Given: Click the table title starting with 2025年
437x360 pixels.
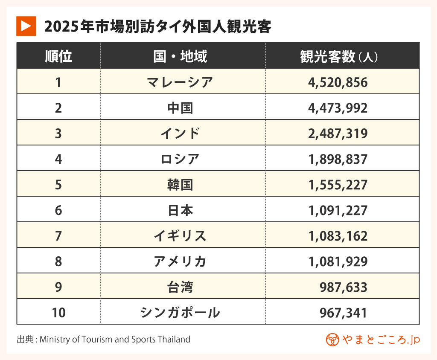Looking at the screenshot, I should pyautogui.click(x=158, y=27).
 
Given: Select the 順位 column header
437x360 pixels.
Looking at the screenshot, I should pyautogui.click(x=58, y=56).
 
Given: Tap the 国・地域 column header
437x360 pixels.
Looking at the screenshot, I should pyautogui.click(x=180, y=56).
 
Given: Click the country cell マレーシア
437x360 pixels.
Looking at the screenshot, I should pyautogui.click(x=180, y=82).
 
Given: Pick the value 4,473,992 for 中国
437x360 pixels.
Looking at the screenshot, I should pyautogui.click(x=338, y=108).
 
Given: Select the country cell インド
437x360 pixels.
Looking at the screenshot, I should pyautogui.click(x=180, y=134).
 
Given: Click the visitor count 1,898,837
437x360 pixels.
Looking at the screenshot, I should pyautogui.click(x=338, y=159).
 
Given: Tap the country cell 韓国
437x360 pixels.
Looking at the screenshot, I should pyautogui.click(x=180, y=185).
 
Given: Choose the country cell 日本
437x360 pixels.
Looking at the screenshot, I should pyautogui.click(x=180, y=210).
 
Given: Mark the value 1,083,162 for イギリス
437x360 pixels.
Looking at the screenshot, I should pyautogui.click(x=338, y=236).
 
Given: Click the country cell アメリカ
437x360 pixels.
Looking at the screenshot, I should pyautogui.click(x=180, y=261).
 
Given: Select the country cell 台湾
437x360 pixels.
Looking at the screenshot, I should pyautogui.click(x=180, y=287).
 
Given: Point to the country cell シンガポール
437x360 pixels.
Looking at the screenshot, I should pyautogui.click(x=180, y=313).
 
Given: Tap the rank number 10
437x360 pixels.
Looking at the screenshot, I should pyautogui.click(x=58, y=313).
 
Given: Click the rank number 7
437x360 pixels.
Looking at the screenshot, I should pyautogui.click(x=58, y=236).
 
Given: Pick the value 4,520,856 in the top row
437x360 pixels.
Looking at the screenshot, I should pyautogui.click(x=338, y=82).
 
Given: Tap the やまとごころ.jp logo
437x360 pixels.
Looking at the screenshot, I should pyautogui.click(x=373, y=340).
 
